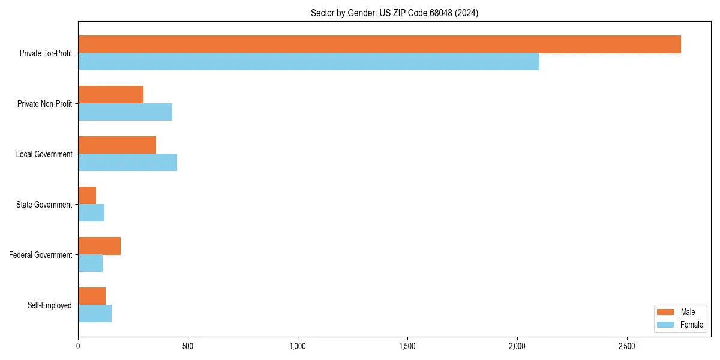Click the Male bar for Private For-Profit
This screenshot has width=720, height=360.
[x=379, y=44]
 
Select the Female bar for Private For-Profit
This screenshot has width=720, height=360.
[x=308, y=62]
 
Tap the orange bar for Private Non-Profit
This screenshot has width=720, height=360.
[x=110, y=95]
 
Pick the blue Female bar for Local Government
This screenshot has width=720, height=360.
[x=127, y=163]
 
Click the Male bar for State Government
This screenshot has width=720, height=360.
[x=87, y=196]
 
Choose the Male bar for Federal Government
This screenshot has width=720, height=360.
[x=99, y=246]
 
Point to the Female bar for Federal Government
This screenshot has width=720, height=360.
[x=90, y=263]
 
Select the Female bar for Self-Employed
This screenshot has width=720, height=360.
[x=95, y=314]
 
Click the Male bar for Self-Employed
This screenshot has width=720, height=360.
[x=92, y=296]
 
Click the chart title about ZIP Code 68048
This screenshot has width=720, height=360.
[x=394, y=13]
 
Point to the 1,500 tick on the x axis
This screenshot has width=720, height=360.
[x=407, y=346]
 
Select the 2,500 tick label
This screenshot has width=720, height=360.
[x=627, y=346]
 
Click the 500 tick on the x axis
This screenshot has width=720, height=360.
[x=188, y=346]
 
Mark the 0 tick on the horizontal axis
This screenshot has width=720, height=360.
[x=78, y=346]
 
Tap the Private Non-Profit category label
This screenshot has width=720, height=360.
[x=44, y=104]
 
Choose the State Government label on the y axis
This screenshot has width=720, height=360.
[x=44, y=205]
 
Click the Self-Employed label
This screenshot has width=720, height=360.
[x=49, y=305]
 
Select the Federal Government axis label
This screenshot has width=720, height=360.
[x=41, y=255]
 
